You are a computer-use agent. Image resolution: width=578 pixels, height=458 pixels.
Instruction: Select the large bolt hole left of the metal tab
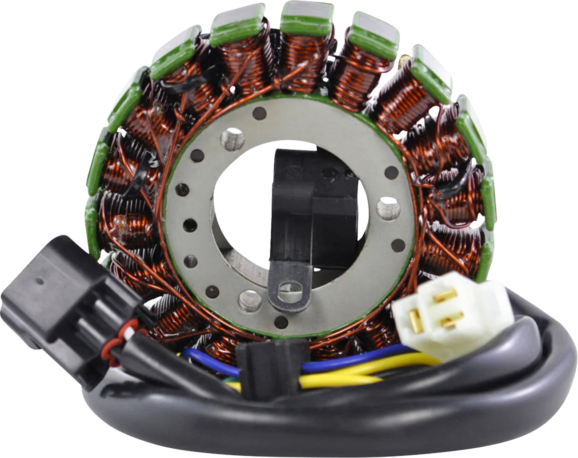(246, 299)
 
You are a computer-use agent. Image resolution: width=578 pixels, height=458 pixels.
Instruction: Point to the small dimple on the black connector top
(40, 281)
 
